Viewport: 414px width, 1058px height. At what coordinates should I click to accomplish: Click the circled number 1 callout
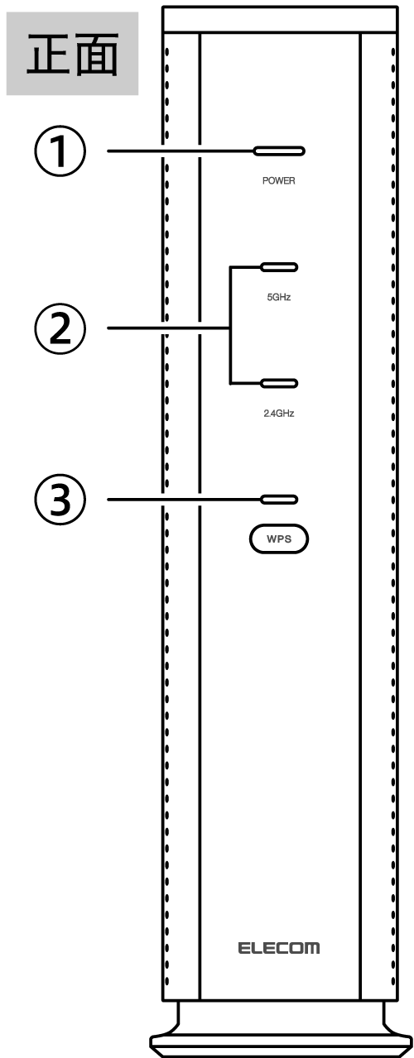coord(60,151)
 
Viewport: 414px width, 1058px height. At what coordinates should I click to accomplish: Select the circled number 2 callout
coord(60,328)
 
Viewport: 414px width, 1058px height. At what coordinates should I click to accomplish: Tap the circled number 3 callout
coord(60,500)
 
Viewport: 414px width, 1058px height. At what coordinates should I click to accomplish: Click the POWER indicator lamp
coord(279,151)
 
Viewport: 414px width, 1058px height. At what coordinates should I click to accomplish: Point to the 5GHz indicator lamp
coord(279,267)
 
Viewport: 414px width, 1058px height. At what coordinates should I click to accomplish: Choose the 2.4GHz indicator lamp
coord(279,384)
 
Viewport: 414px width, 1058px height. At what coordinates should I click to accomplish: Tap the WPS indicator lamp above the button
coord(279,500)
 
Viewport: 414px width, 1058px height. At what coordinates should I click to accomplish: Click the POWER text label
coord(279,180)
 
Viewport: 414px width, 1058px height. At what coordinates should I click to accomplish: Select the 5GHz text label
coord(279,297)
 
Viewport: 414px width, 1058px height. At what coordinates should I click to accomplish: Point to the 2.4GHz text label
coord(279,414)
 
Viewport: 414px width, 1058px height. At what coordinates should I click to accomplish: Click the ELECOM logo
coord(279,948)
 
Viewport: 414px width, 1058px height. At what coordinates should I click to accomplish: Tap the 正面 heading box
coord(72,54)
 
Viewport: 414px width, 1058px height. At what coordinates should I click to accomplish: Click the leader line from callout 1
coord(180,151)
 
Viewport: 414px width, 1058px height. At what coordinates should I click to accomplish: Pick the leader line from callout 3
coord(184,500)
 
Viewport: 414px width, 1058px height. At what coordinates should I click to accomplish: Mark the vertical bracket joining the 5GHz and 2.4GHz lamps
coord(231,325)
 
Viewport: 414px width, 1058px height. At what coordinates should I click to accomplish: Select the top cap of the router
coord(280,19)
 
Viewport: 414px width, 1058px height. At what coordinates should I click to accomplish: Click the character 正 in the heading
coord(47,54)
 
